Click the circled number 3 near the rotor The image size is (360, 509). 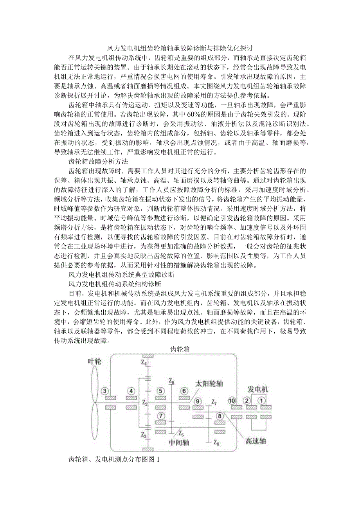tap(104, 390)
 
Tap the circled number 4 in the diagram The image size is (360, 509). tap(131, 390)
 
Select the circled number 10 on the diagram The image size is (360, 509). tap(232, 401)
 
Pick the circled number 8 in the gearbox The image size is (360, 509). tap(220, 416)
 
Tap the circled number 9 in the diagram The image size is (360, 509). tap(198, 401)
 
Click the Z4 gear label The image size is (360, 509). tap(145, 363)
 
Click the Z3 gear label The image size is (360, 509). tap(144, 435)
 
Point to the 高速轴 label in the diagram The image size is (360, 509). tap(256, 441)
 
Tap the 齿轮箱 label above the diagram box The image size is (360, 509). tap(180, 349)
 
